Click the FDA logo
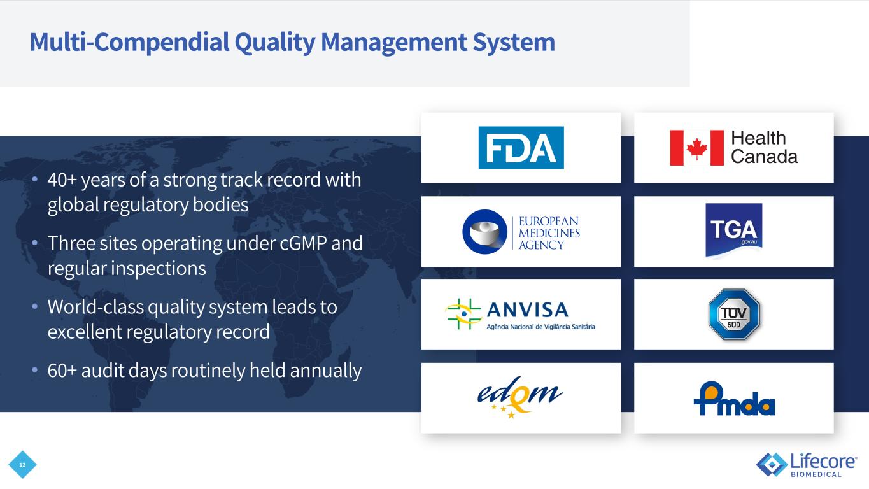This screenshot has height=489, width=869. [521, 148]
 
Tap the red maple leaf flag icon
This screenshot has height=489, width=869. [696, 148]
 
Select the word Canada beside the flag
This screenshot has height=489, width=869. [764, 157]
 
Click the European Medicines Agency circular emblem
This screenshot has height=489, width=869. [484, 231]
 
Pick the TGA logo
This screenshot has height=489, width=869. [733, 230]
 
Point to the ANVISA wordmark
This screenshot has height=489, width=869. [527, 310]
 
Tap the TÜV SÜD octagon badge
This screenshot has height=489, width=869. [734, 315]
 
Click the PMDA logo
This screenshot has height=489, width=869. [733, 400]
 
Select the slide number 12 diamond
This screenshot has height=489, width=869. [23, 465]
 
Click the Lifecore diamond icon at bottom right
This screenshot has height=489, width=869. [771, 464]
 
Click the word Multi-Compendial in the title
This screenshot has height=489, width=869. [128, 43]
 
